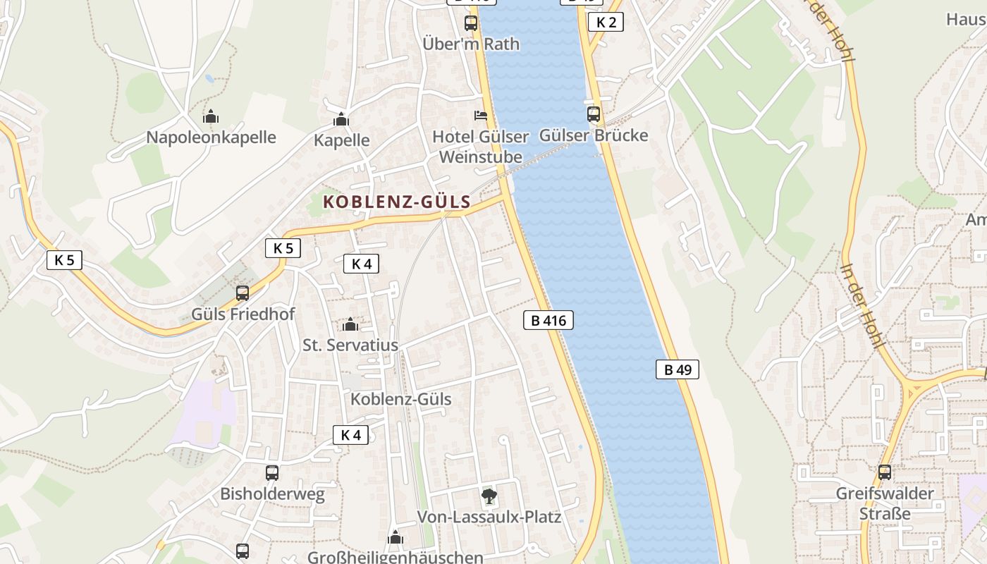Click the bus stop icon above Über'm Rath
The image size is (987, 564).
coord(470,23)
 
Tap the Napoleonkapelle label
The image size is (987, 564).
coord(211,137)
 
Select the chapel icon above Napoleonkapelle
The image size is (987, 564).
coord(211,116)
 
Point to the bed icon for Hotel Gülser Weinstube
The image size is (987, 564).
coord(480,115)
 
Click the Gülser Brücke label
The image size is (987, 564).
coord(594,135)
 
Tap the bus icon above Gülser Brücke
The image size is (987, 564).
coord(594,114)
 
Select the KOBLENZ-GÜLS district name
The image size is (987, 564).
coord(397,202)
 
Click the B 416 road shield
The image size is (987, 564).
coord(548,321)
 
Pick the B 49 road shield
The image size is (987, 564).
coord(678,369)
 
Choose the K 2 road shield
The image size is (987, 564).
coord(606,22)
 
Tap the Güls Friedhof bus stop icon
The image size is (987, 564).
coord(243,293)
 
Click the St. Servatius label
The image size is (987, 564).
coord(350,345)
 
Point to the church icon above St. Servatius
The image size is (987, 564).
coord(350,324)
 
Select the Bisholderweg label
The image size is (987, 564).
coord(272,493)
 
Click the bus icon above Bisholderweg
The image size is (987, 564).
coord(272,472)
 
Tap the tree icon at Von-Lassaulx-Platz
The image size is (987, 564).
coord(489,496)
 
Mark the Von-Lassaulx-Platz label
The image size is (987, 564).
coord(489,517)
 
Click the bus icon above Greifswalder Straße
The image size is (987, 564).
coord(885,472)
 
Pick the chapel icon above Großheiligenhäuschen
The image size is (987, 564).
coord(396,538)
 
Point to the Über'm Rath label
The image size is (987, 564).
coord(471,44)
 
